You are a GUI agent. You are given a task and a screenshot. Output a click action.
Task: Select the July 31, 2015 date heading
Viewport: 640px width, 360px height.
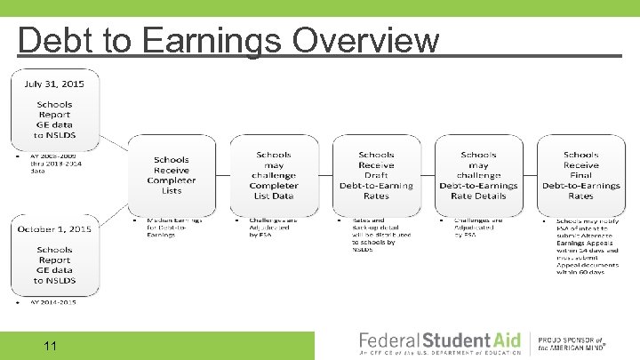(54, 84)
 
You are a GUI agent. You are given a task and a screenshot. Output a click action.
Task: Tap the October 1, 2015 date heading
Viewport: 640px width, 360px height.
(55, 229)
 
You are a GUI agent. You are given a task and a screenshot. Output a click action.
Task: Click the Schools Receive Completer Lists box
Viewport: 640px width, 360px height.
(172, 175)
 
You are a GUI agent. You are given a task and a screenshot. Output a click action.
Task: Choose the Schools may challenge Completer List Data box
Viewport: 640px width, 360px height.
(274, 175)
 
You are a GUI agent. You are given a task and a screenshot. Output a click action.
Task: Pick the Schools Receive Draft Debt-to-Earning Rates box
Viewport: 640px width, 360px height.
(376, 175)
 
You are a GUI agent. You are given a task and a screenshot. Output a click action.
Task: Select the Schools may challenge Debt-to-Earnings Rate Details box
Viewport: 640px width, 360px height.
(478, 175)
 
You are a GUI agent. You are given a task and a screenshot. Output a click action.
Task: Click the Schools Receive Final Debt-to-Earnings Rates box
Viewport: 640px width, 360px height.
(580, 175)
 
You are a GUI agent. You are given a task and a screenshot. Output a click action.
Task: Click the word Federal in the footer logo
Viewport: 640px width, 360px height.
(388, 340)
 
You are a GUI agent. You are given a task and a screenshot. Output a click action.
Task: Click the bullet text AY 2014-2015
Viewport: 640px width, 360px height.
(53, 302)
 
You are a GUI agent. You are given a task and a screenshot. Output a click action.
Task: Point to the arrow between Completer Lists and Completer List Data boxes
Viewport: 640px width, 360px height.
(222, 175)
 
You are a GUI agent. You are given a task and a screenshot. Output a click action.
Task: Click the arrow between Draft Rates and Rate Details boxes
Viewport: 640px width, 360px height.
(428, 175)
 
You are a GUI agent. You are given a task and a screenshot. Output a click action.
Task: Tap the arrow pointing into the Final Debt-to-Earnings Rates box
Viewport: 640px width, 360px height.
(530, 175)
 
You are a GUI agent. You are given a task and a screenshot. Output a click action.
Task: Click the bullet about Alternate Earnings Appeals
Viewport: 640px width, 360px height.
(581, 246)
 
